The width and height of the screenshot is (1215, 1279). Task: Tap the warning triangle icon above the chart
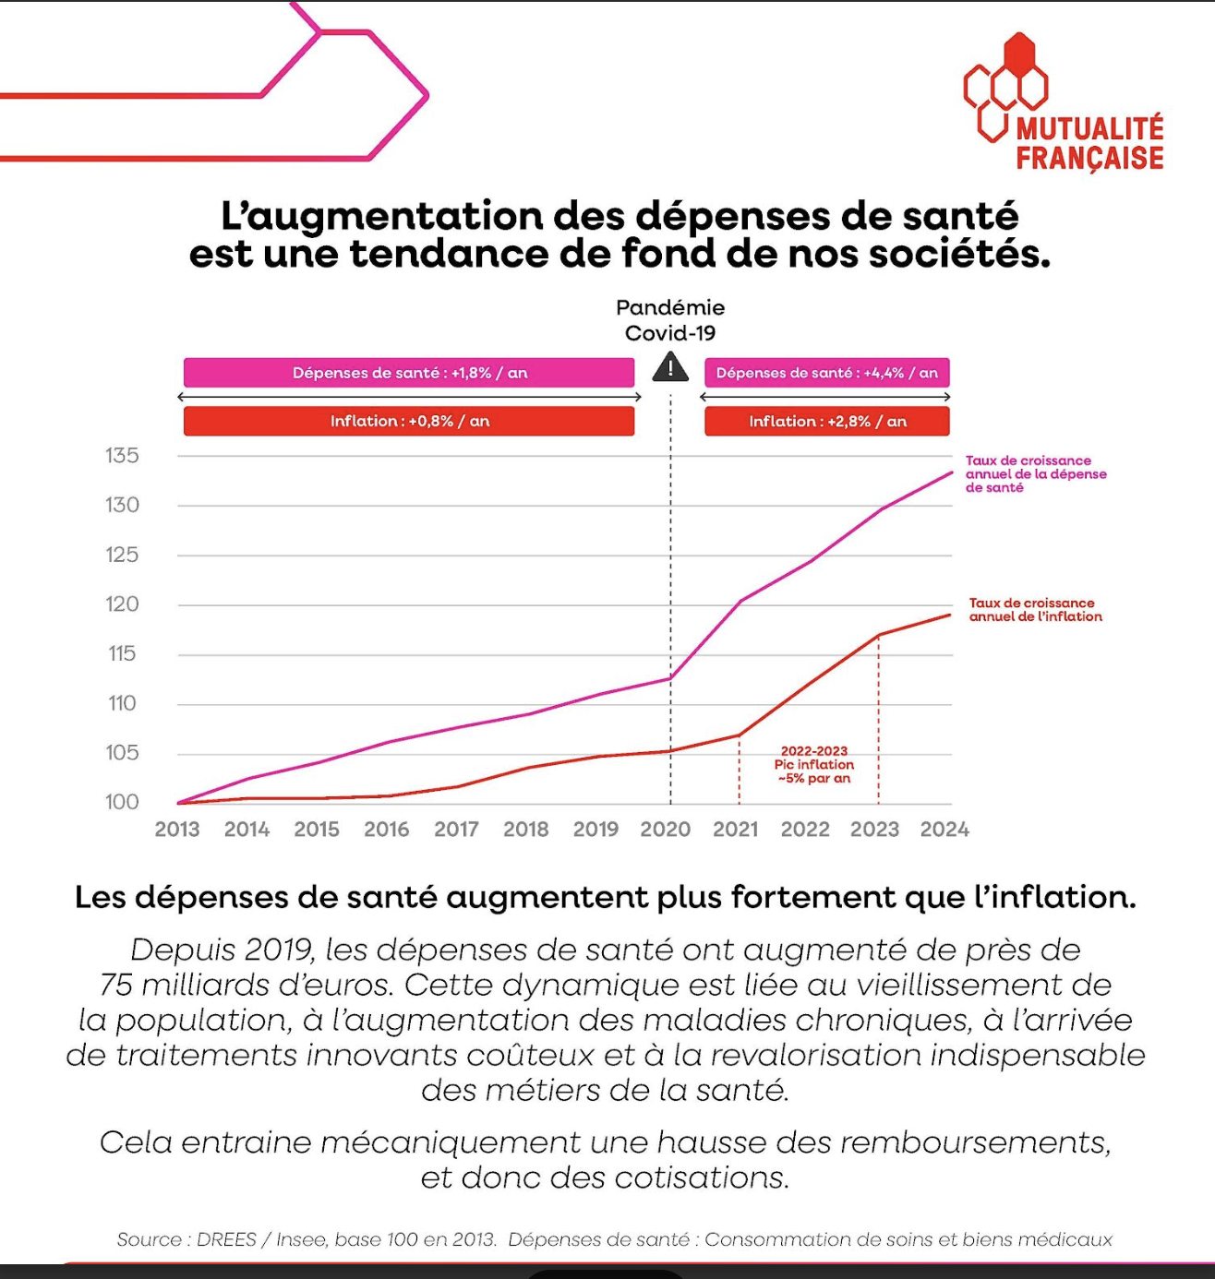point(670,369)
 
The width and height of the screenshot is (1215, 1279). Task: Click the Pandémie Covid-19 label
point(670,320)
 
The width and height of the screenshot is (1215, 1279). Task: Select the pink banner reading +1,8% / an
point(409,373)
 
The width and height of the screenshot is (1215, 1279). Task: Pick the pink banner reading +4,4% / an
point(826,373)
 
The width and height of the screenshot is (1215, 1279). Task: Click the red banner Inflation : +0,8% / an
point(409,421)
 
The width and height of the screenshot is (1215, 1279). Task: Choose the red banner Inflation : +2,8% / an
point(826,421)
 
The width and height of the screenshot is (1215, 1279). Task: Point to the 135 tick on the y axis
point(122,456)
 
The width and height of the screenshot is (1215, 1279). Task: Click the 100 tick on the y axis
point(122,802)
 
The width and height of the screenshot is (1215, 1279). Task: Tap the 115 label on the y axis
point(122,653)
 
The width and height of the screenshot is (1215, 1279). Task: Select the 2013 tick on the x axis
point(177,829)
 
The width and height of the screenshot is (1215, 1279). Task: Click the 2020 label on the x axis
point(666,829)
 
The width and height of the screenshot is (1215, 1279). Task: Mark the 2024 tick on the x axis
point(944,829)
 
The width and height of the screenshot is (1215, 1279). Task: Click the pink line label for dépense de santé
point(1035,473)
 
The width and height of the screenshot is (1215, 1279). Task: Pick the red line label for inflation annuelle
point(1035,610)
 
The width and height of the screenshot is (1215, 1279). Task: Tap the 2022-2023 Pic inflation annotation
point(814,765)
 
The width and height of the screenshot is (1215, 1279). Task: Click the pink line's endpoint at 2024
point(951,473)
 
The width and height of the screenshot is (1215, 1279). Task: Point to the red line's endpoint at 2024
point(950,616)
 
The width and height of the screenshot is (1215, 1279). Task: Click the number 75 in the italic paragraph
point(116,985)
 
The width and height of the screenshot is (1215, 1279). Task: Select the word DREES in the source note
point(226,1239)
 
